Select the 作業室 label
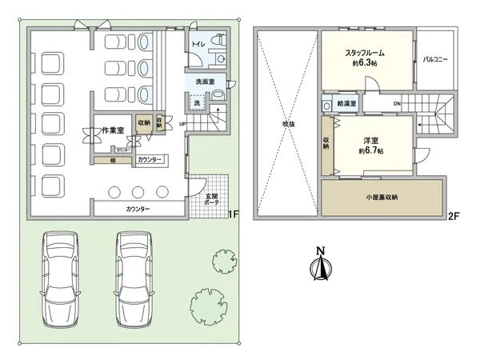102,129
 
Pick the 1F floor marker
234,214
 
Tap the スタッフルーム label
366,53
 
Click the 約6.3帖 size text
366,63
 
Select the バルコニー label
436,60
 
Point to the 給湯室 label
347,104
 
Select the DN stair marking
397,104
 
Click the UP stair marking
182,123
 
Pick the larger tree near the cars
207,304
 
